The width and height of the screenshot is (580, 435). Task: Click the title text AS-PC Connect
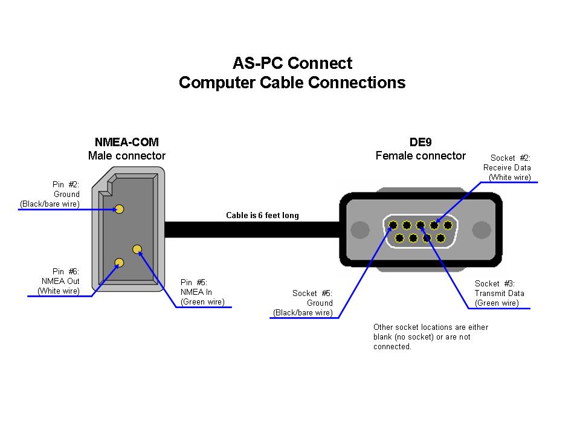click(x=292, y=63)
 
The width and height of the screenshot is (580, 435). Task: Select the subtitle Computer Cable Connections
click(x=292, y=83)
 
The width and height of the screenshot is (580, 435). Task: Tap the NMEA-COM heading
click(x=127, y=142)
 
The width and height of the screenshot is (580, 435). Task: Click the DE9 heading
click(x=420, y=142)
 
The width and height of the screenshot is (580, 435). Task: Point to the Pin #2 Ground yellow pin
click(x=120, y=209)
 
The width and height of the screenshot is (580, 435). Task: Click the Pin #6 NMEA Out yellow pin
click(x=120, y=262)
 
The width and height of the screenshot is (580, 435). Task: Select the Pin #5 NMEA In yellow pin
click(x=137, y=248)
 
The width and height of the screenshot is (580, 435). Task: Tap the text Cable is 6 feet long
click(x=262, y=216)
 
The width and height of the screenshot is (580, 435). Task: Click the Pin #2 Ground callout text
click(x=51, y=194)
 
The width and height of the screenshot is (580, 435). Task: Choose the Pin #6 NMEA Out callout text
click(x=59, y=281)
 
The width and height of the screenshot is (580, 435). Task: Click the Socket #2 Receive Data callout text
click(x=507, y=167)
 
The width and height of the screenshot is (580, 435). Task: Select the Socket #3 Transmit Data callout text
click(x=498, y=293)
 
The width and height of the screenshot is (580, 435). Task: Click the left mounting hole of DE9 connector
click(x=360, y=230)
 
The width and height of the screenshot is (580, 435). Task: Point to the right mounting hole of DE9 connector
click(x=481, y=230)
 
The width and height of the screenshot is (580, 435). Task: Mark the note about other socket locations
click(x=430, y=337)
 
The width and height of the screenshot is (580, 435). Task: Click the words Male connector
click(x=127, y=156)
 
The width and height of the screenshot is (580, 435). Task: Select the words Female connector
click(x=420, y=156)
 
